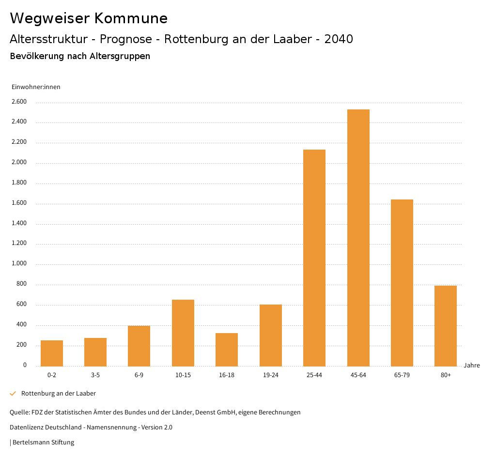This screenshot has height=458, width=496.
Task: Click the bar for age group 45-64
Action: click(358, 237)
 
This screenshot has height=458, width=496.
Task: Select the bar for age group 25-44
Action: click(314, 258)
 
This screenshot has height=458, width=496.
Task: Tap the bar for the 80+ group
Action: click(446, 325)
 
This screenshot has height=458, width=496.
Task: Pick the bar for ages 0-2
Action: click(52, 353)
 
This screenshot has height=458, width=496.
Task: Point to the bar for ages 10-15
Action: click(183, 333)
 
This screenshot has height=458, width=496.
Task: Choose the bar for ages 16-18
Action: click(227, 349)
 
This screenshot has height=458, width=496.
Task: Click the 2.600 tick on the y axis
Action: click(19, 102)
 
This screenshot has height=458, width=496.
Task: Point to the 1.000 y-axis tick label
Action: click(19, 264)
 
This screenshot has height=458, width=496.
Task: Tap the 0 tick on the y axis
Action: click(25, 365)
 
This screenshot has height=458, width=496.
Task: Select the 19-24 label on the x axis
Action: click(271, 375)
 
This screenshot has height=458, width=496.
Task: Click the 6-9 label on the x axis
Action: click(139, 375)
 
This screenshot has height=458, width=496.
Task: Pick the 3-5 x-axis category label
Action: click(95, 375)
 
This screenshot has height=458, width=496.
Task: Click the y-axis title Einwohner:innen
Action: click(36, 87)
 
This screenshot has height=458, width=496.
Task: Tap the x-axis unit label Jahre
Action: click(472, 366)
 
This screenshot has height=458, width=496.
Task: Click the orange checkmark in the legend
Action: click(13, 394)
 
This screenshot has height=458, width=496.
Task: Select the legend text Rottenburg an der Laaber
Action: click(59, 394)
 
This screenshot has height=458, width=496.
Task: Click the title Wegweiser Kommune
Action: click(89, 18)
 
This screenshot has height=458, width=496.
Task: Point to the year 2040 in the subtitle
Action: click(339, 39)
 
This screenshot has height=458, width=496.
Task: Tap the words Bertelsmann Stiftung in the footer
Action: click(43, 443)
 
